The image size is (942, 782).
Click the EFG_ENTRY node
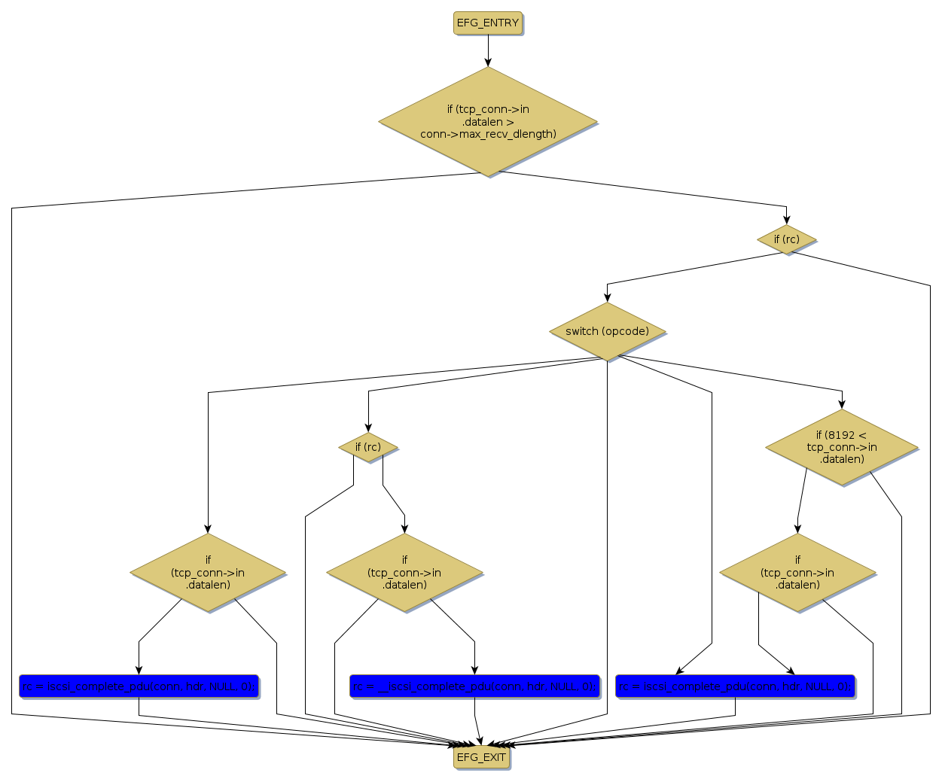tap(488, 23)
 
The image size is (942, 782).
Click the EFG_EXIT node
tap(482, 757)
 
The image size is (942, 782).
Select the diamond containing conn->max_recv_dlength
tap(488, 121)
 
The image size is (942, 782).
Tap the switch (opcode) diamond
tap(607, 331)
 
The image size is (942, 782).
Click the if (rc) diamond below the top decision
tap(786, 239)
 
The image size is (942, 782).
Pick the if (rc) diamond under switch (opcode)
tap(368, 447)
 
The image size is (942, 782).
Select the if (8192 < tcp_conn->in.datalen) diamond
tap(842, 446)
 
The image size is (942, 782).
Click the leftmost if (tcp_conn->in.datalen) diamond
tap(208, 572)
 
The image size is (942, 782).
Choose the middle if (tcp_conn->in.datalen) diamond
tap(404, 572)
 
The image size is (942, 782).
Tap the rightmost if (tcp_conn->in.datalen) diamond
tap(797, 572)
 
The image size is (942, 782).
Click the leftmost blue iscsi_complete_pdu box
tap(139, 686)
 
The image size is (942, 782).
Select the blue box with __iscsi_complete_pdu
tap(474, 686)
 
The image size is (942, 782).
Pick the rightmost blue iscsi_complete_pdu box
tap(735, 686)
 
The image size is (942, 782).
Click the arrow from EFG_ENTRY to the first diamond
tap(488, 50)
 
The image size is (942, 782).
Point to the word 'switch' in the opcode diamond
tap(581, 331)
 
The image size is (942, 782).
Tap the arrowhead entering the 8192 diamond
tap(842, 405)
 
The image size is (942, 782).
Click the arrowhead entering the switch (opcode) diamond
tap(607, 298)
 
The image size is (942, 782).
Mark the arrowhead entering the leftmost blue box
tap(139, 670)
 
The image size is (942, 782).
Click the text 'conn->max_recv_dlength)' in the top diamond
tap(488, 134)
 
